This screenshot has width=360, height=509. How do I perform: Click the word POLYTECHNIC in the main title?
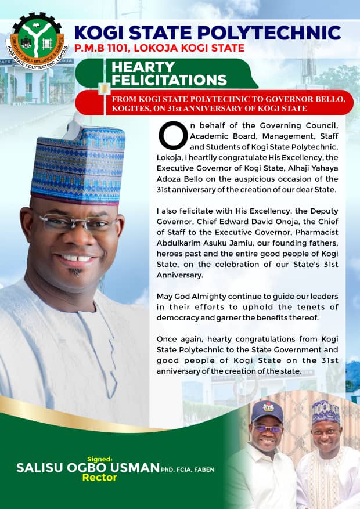pos(275,33)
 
